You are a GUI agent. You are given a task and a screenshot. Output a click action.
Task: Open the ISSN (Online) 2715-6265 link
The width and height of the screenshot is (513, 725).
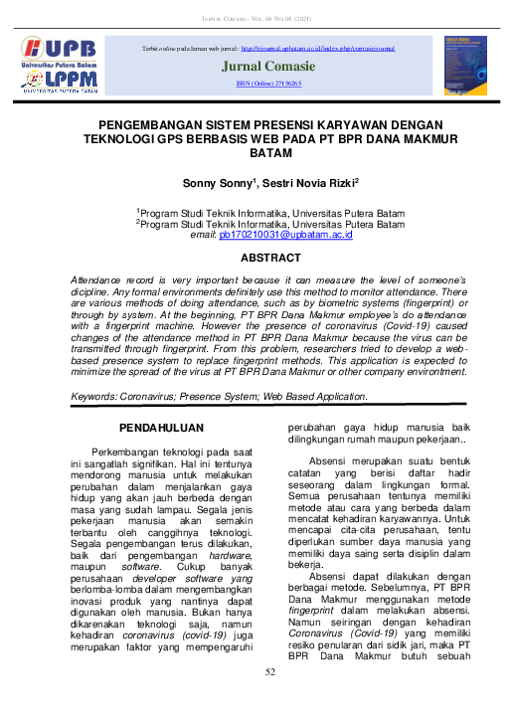(x=268, y=86)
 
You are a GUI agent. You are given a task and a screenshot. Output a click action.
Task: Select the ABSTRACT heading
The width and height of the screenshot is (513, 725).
(x=271, y=258)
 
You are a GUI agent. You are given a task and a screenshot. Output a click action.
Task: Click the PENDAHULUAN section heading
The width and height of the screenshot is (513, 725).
(x=162, y=428)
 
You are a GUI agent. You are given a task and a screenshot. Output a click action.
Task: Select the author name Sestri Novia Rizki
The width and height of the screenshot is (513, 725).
(x=307, y=184)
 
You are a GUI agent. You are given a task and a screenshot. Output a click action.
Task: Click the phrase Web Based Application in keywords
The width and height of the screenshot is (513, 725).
(x=315, y=397)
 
